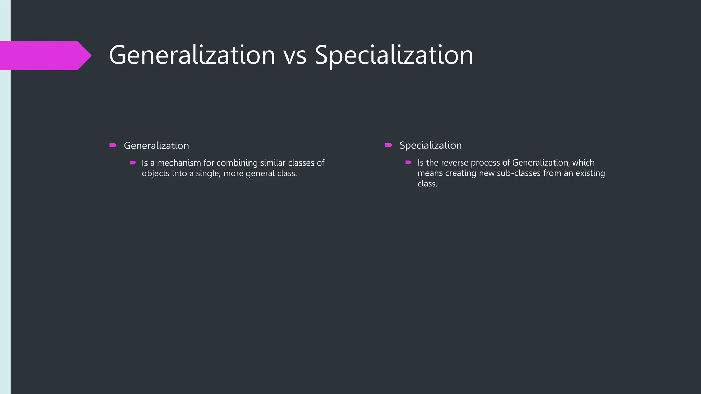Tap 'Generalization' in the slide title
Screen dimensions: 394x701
(x=192, y=55)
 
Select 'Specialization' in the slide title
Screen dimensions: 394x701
(x=394, y=55)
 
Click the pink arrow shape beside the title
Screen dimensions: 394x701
(x=44, y=55)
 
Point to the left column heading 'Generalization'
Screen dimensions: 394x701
(x=156, y=146)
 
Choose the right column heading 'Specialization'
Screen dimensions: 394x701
(x=430, y=145)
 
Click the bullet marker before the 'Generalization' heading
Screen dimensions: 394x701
(x=113, y=146)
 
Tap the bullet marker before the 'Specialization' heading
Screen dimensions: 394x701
(x=388, y=145)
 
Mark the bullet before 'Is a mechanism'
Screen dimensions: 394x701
(x=133, y=163)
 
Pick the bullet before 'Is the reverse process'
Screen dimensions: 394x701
(x=408, y=162)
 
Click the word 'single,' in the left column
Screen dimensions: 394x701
(x=208, y=174)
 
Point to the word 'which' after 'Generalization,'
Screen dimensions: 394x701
(x=583, y=162)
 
